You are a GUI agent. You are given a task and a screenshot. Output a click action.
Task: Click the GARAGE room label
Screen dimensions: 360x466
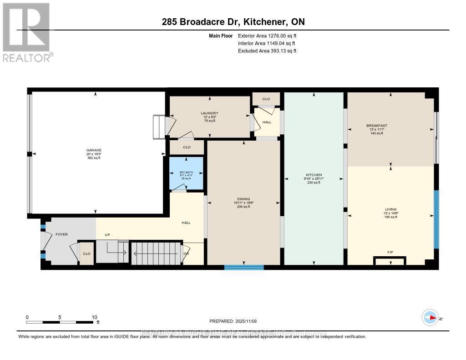coord(94,150)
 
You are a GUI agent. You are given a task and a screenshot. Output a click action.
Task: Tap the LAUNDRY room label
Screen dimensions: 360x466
coord(210,113)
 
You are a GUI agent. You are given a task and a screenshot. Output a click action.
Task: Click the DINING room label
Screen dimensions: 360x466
coord(243,198)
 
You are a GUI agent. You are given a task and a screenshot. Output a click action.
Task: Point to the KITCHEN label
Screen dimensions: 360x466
coord(314,175)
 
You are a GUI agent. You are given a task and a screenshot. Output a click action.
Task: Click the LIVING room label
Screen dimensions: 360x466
coord(390,209)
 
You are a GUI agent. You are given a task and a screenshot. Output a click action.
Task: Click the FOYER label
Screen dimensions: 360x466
coord(61,234)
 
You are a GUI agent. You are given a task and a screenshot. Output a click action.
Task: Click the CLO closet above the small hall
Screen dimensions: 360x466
coord(266,99)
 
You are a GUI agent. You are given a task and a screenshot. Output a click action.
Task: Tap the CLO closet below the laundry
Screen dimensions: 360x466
coord(187,147)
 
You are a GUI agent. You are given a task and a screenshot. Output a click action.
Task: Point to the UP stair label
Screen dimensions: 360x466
coord(107,235)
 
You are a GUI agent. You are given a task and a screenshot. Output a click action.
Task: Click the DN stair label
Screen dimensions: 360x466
coord(186,254)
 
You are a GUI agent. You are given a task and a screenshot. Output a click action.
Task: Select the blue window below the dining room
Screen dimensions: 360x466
coord(244,268)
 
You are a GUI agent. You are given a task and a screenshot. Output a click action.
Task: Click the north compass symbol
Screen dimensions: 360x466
coord(430,317)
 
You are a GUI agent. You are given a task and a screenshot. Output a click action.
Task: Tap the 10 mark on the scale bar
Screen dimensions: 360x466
coord(95,317)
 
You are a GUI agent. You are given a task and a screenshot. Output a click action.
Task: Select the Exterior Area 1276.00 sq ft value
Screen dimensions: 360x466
coord(267,35)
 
